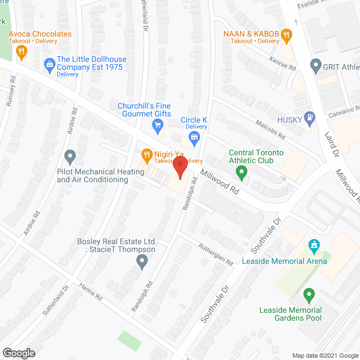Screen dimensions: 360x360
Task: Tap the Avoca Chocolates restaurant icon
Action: click(x=22, y=53)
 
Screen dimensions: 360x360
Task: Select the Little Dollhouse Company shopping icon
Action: click(x=49, y=65)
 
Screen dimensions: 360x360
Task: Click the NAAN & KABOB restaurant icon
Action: click(x=286, y=37)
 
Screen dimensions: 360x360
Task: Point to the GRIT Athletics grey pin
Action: click(x=316, y=66)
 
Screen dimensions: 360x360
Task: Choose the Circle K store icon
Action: click(x=195, y=137)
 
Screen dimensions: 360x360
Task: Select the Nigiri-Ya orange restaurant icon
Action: click(x=146, y=154)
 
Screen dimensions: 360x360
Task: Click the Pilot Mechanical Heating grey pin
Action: click(x=70, y=155)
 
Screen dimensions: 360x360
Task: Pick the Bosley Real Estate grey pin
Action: click(x=142, y=260)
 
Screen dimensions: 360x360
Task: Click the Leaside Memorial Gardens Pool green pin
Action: click(x=308, y=294)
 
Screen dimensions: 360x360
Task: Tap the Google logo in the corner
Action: click(x=18, y=353)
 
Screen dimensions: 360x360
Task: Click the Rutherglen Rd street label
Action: click(x=215, y=254)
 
